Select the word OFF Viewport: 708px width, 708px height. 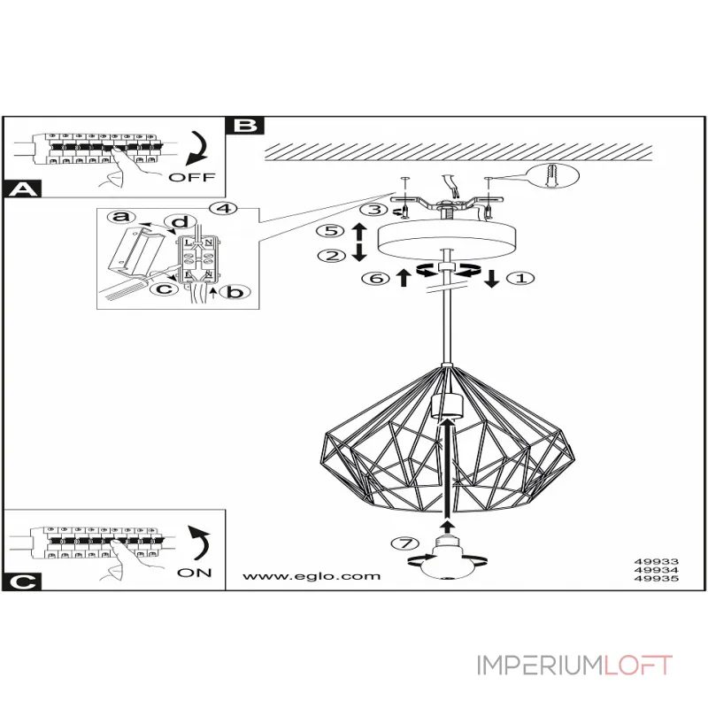click(x=192, y=178)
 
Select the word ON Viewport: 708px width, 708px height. click(x=195, y=573)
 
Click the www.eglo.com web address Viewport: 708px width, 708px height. click(x=312, y=576)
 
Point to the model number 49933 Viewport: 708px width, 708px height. click(x=657, y=562)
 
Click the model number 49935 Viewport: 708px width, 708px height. click(x=657, y=579)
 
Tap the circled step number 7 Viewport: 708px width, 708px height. click(x=405, y=543)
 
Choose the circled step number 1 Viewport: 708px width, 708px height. click(x=521, y=278)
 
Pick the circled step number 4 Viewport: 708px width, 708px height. click(x=224, y=209)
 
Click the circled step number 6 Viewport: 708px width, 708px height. click(x=375, y=278)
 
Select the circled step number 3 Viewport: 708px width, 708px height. click(x=373, y=210)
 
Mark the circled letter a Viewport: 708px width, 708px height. click(x=121, y=217)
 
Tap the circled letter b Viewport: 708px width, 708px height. click(x=235, y=292)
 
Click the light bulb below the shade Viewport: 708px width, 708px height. click(x=448, y=558)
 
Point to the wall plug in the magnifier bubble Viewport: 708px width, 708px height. click(x=553, y=175)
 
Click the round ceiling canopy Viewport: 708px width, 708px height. click(x=447, y=239)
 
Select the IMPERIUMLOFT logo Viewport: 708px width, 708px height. click(x=574, y=666)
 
